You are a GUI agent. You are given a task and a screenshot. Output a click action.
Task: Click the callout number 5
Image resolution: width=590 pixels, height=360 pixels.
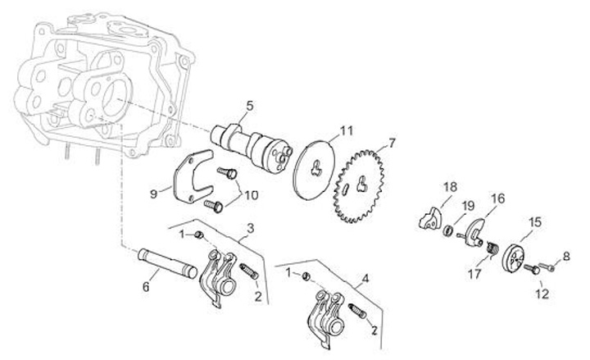click(251, 105)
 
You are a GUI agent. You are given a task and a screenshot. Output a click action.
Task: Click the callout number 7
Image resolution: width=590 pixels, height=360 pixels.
click(392, 144)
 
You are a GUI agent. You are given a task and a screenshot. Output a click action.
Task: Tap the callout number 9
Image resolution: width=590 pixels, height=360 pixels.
click(154, 194)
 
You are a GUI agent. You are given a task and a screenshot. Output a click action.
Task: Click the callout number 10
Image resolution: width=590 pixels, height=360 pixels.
click(252, 194)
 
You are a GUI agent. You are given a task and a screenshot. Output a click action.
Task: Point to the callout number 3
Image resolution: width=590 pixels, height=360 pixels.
click(250, 226)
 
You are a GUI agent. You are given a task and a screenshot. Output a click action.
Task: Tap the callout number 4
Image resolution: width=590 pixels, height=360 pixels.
click(365, 278)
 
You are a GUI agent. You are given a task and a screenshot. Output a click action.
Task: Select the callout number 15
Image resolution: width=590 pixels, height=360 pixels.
click(535, 221)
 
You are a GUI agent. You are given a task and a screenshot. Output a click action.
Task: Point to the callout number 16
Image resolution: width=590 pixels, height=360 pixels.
click(497, 198)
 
